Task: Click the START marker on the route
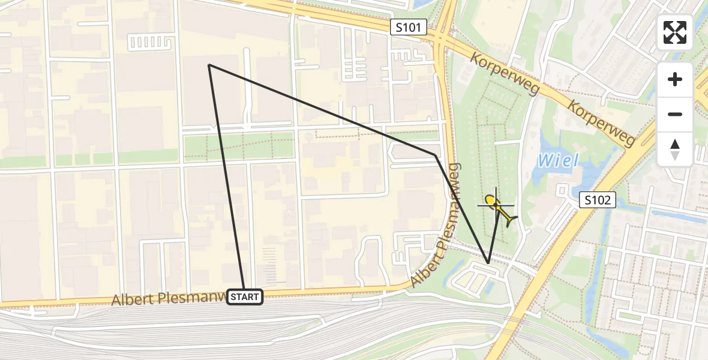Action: [245, 296]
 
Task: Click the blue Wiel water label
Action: [557, 161]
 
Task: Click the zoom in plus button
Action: [675, 79]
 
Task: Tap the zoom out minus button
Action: [675, 114]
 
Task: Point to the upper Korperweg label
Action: [505, 74]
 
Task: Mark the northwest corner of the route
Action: [209, 64]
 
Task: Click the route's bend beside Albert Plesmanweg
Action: [436, 155]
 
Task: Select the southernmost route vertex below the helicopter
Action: [488, 263]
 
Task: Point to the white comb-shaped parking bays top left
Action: [146, 41]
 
